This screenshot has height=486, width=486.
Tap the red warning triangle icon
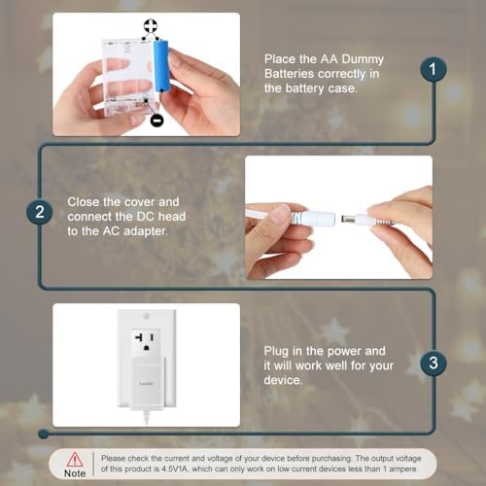pos(74,458)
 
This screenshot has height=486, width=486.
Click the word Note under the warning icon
pos(74,473)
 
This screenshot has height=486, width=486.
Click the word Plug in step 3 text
pos(279,351)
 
